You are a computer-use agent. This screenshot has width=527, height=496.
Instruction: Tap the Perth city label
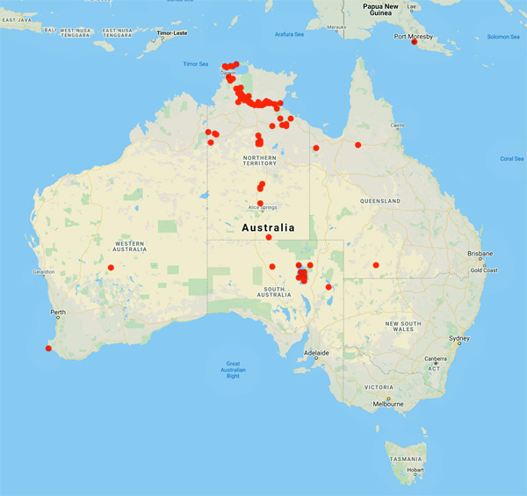point(59,313)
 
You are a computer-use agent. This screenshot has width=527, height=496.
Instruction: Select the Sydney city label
point(458,338)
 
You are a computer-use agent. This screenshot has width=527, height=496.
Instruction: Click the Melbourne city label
point(387,404)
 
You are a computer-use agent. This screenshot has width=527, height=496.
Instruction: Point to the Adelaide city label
point(316,353)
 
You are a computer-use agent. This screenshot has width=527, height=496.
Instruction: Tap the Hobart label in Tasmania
point(415,470)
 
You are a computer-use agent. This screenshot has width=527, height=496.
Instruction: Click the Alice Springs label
point(263,208)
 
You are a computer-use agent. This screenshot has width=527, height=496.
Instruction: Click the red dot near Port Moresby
point(414,42)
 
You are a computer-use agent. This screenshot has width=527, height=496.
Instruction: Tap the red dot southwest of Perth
point(48,349)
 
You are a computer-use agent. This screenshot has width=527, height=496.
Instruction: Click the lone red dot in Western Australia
point(111,267)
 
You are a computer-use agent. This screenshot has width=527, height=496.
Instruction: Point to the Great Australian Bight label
point(233,370)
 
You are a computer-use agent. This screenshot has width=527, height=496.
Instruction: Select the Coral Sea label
point(511,158)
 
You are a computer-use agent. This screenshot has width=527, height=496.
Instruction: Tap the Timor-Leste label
point(172,32)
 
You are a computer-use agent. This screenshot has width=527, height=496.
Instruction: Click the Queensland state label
point(379,201)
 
